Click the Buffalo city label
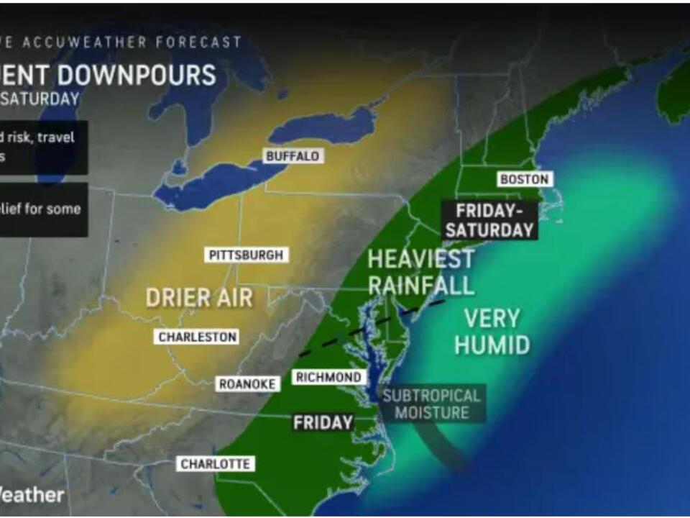(x=292, y=156)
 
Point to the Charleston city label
(x=198, y=337)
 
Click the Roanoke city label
(x=247, y=384)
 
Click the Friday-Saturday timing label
(x=489, y=220)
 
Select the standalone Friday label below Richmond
(x=323, y=423)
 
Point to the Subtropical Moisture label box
(x=431, y=404)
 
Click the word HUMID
(x=492, y=345)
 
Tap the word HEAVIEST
(x=420, y=259)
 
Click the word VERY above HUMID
(x=492, y=317)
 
